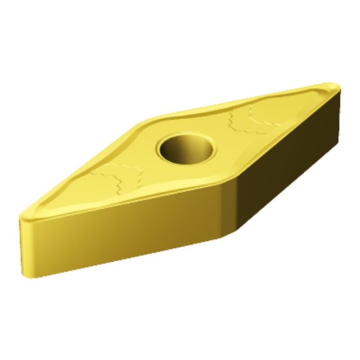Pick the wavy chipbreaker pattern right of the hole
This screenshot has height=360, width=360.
(x=253, y=120)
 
